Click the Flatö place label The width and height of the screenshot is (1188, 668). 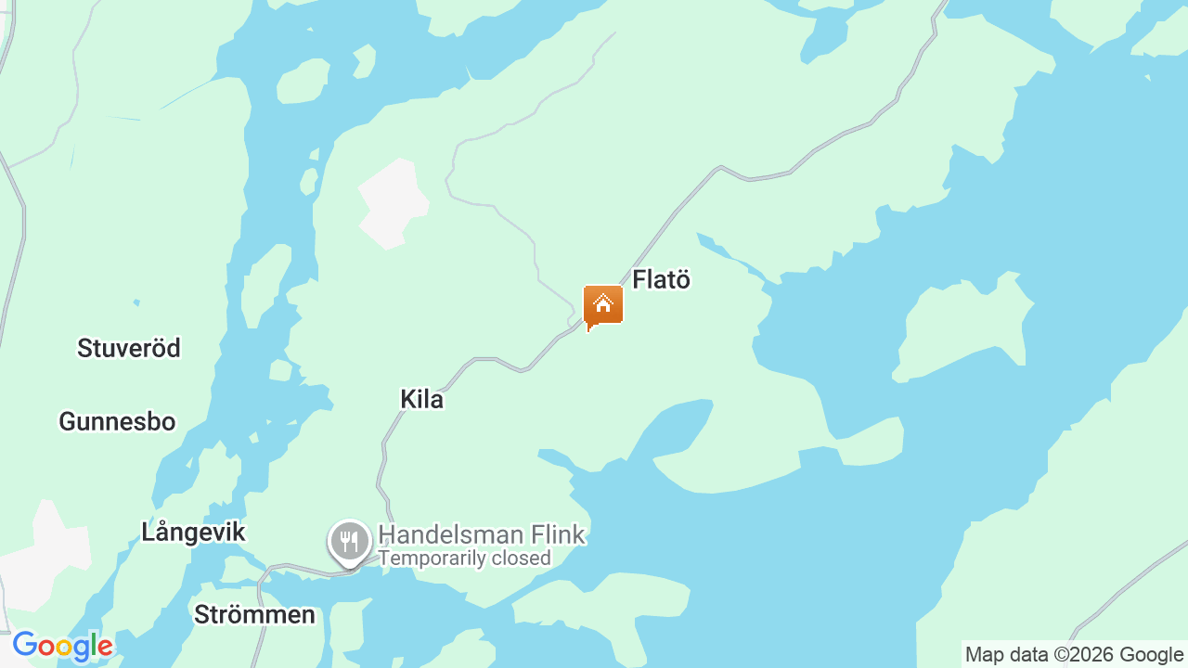[661, 279]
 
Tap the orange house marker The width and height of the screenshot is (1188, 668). [603, 305]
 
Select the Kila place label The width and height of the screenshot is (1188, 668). [421, 399]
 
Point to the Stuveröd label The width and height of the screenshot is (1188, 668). [129, 348]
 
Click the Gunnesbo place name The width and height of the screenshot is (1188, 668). [117, 421]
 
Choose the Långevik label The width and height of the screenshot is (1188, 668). [193, 532]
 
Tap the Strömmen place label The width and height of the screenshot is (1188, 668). [254, 614]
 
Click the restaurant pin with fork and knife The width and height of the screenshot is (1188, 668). [349, 541]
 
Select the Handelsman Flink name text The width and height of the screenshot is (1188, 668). [482, 534]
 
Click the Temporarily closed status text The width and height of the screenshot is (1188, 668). [464, 559]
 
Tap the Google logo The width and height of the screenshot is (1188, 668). [62, 646]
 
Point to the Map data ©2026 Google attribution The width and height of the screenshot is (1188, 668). [1074, 654]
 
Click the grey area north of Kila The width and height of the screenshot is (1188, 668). [393, 203]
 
